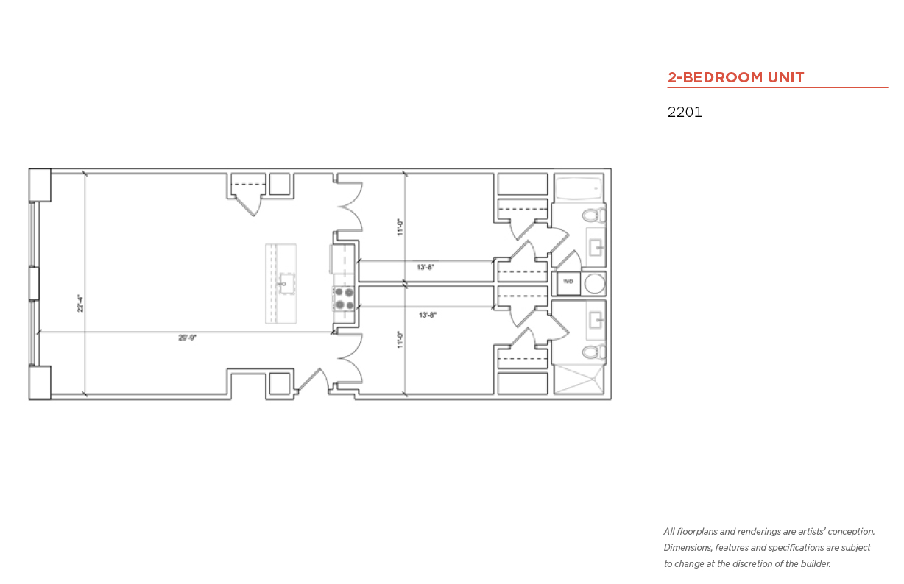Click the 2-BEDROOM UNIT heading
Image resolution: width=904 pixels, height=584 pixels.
tap(735, 77)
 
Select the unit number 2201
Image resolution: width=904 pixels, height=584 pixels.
tap(685, 112)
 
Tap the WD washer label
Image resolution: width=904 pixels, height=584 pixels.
tap(568, 282)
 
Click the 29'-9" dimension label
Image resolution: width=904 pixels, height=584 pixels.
tap(187, 338)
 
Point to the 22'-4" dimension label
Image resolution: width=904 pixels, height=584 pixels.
tap(80, 303)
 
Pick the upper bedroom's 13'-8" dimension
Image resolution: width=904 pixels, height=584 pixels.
tap(425, 267)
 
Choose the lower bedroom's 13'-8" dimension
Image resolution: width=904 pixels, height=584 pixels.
tap(428, 315)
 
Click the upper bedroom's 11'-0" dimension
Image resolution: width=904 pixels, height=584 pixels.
tap(400, 227)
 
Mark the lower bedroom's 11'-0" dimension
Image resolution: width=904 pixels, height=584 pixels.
tap(400, 340)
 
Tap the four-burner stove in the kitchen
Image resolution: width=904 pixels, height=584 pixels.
tap(344, 299)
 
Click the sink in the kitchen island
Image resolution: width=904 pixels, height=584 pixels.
tap(286, 283)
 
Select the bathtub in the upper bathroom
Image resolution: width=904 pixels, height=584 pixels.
tap(579, 188)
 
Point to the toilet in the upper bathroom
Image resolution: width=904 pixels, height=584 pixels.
tap(594, 216)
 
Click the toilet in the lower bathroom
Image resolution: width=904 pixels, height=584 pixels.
tap(594, 352)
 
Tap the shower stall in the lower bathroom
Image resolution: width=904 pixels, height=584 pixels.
tap(579, 378)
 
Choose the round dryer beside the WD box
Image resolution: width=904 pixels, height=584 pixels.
tap(595, 283)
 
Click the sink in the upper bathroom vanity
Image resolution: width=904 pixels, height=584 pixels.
tap(596, 247)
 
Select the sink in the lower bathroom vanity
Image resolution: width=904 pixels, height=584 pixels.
tap(596, 320)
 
